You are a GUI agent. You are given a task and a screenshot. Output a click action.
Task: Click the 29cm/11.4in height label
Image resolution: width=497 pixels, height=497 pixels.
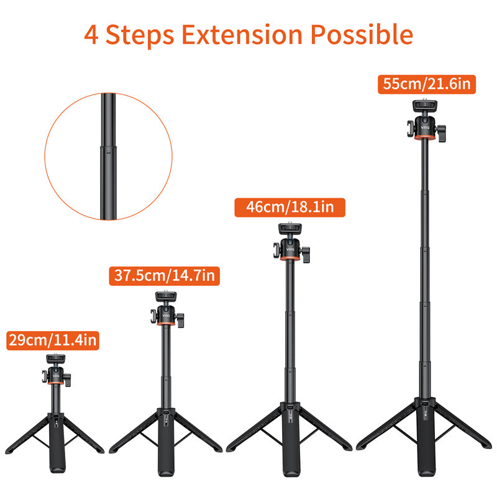point(53,340)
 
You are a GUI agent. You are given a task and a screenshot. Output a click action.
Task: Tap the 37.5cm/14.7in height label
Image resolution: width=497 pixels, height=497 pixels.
point(165,275)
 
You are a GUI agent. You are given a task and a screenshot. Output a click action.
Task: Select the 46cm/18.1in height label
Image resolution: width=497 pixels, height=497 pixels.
point(289,207)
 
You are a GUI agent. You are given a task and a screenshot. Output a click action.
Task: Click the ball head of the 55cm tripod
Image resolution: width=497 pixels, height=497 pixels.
point(426,127)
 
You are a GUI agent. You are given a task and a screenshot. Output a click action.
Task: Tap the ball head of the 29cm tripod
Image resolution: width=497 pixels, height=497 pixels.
point(54,375)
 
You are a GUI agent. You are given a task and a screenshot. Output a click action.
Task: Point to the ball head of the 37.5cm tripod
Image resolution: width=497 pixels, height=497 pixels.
point(165,315)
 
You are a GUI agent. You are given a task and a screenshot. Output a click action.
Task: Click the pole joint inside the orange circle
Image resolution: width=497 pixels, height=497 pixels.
point(104,147)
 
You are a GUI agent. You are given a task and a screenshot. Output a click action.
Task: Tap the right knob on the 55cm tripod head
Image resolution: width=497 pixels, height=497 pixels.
point(442,132)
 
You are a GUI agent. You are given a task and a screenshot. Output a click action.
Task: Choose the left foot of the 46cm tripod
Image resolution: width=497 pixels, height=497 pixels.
point(231,448)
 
